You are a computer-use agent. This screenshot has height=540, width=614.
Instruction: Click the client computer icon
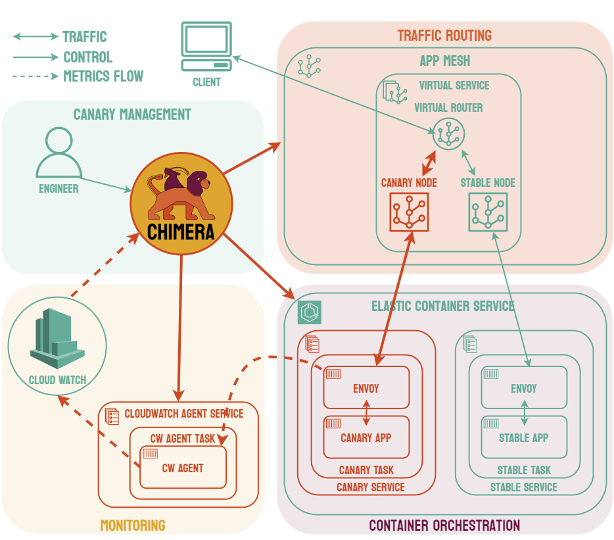click(206, 47)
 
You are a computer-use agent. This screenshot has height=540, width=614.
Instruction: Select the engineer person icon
click(59, 153)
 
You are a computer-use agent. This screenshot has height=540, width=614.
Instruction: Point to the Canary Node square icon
click(409, 212)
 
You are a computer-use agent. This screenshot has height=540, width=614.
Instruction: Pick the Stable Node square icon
click(488, 212)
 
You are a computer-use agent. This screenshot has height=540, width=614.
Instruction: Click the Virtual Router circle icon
click(448, 134)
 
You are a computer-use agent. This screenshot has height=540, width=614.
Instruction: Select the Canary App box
click(366, 437)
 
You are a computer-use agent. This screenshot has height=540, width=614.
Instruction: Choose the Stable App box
click(523, 437)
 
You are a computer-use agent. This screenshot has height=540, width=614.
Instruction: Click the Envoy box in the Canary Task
click(366, 387)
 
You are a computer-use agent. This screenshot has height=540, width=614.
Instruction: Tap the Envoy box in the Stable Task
click(523, 387)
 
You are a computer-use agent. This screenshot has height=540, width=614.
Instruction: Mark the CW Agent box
click(183, 468)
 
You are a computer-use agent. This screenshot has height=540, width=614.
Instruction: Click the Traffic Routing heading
click(444, 35)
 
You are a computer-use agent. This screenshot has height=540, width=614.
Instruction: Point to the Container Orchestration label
click(444, 526)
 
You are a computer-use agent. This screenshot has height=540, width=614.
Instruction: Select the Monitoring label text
click(132, 525)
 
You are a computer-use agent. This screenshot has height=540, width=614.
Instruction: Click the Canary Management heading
click(132, 114)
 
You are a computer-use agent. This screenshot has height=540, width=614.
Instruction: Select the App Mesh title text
click(444, 61)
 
